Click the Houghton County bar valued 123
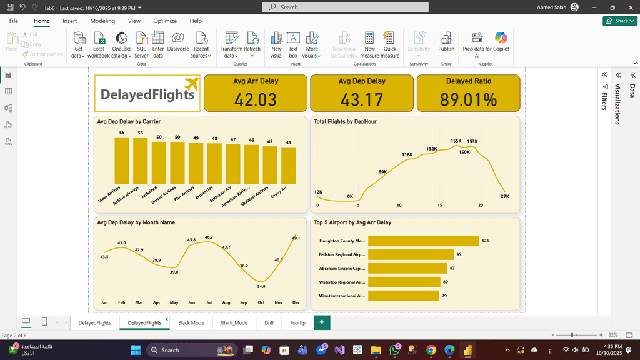tap(423, 241)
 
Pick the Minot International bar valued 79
tap(402, 296)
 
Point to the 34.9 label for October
tap(261, 286)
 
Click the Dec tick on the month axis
tap(296, 302)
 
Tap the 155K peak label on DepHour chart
tap(456, 141)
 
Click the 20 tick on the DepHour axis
tap(481, 205)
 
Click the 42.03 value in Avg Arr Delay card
tap(256, 99)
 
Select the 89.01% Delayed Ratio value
tap(468, 99)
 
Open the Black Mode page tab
tap(191, 323)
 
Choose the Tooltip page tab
tap(297, 323)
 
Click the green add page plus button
tap(322, 322)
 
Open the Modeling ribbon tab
tap(102, 21)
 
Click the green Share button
tap(619, 21)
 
